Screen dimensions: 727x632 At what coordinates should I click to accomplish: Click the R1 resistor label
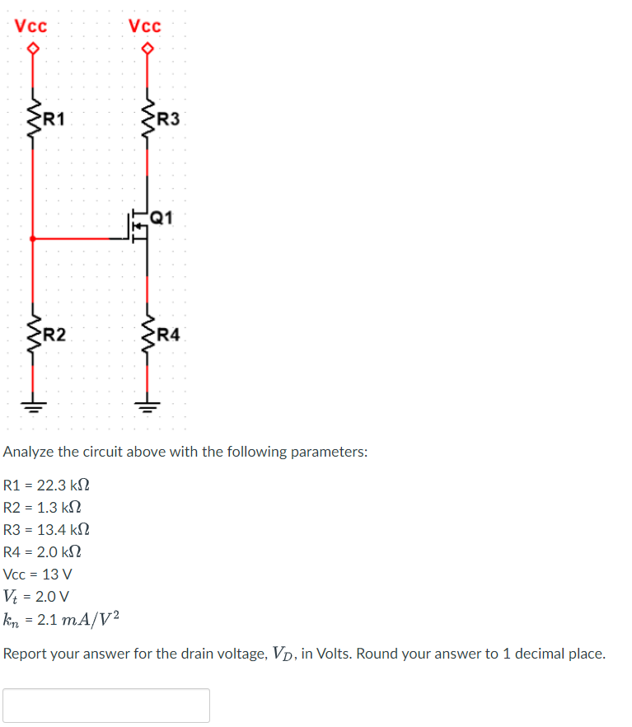pos(54,117)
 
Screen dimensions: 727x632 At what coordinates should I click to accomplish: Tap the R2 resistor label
pos(54,335)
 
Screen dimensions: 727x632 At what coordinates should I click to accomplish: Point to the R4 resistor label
pos(168,335)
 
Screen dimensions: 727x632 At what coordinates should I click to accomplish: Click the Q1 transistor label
pos(162,218)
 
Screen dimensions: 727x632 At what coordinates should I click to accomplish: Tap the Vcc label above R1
pos(31,26)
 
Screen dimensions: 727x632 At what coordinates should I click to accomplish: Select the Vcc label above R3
pos(146,26)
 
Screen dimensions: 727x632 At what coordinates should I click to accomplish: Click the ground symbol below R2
pos(33,405)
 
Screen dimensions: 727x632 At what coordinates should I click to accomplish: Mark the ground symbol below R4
pos(147,405)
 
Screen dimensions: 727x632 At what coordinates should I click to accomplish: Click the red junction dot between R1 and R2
pos(33,239)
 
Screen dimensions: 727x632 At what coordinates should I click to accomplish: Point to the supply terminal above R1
pos(33,49)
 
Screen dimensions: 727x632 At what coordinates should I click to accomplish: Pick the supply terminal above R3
pos(147,49)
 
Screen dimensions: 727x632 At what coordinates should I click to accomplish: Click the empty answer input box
pos(106,706)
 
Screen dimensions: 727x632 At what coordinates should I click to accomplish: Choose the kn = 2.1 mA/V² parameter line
pos(63,618)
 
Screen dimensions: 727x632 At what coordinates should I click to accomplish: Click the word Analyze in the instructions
pos(29,452)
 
